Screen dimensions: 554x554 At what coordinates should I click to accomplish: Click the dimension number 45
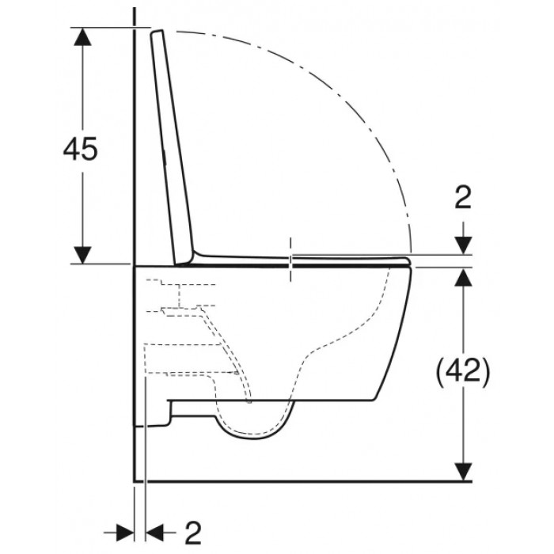(80, 148)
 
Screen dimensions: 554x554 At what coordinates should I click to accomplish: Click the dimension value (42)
(463, 370)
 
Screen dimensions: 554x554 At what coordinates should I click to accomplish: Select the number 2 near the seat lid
(463, 197)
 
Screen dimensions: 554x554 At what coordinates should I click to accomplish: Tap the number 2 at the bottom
(193, 533)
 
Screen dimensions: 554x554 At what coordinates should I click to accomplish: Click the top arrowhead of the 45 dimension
(82, 36)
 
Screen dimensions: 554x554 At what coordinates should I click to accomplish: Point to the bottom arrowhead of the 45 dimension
(82, 255)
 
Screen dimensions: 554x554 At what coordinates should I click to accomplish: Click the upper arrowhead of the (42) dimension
(463, 276)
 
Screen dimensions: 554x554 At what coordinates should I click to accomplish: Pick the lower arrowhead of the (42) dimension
(463, 472)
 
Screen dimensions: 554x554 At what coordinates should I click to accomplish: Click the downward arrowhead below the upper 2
(463, 245)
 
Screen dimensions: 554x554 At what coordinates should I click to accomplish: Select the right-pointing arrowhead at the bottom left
(125, 533)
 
